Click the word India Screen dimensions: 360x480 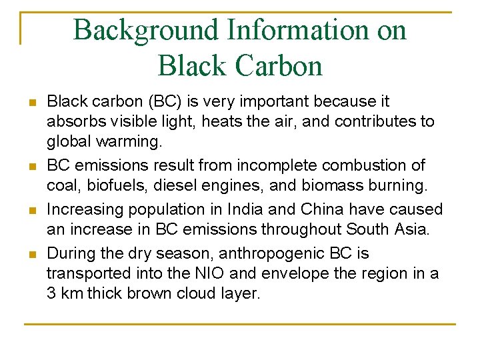(x=246, y=209)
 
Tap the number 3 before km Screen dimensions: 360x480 (x=51, y=294)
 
